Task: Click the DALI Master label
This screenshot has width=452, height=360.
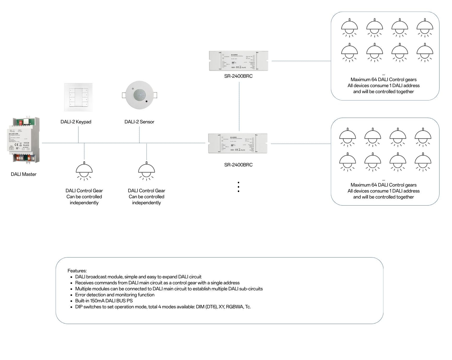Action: [23, 174]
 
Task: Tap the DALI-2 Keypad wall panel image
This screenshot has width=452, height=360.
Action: [78, 97]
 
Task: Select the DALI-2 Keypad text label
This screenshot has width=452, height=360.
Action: [76, 122]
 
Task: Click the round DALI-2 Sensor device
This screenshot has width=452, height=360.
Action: [140, 95]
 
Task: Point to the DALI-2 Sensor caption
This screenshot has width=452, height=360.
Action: [139, 122]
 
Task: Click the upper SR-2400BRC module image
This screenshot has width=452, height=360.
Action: [238, 61]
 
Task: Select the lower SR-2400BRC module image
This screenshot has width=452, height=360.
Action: [238, 143]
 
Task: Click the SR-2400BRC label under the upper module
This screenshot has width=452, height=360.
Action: [238, 76]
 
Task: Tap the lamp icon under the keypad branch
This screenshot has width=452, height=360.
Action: [84, 171]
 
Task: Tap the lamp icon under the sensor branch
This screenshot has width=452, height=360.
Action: [146, 171]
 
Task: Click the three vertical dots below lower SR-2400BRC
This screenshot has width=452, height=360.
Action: [238, 187]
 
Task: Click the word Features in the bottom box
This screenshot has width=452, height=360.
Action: [77, 271]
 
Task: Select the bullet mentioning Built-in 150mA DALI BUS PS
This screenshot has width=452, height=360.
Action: [104, 301]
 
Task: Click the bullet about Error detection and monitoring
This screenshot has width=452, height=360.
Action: [115, 295]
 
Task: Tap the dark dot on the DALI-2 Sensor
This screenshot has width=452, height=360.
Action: [147, 101]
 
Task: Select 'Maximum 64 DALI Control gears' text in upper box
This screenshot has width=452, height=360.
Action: [383, 80]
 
